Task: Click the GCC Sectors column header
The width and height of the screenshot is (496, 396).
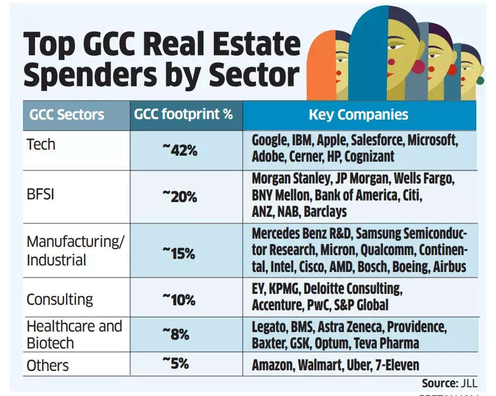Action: click(x=67, y=115)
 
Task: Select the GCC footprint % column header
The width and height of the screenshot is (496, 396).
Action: click(x=184, y=115)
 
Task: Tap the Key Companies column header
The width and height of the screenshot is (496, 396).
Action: click(x=358, y=115)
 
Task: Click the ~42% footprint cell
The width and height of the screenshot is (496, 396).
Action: click(x=180, y=150)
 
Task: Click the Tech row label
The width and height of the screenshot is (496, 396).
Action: click(x=41, y=144)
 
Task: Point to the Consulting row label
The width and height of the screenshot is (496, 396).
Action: click(x=60, y=299)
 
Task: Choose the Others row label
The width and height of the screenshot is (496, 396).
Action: click(x=48, y=365)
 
